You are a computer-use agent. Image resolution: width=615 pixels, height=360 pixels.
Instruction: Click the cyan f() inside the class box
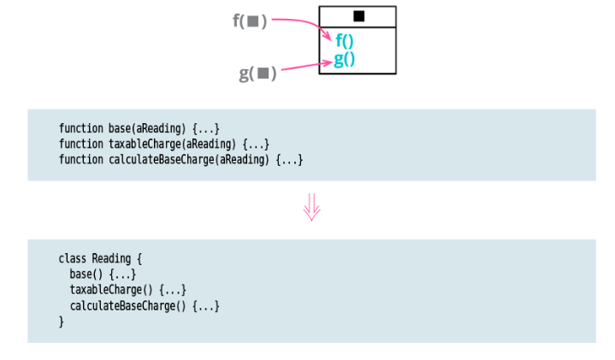coord(345,41)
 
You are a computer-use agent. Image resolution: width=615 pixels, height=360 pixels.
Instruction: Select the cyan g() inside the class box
coord(345,59)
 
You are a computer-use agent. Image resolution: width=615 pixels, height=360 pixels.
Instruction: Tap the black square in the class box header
coord(358,15)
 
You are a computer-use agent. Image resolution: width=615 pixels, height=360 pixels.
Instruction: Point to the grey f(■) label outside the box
coord(250,21)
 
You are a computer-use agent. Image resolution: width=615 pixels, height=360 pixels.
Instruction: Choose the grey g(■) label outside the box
coord(257,74)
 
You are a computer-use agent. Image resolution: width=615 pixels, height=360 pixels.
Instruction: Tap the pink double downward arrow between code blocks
coord(312,207)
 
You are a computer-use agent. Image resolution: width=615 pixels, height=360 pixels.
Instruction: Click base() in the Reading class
coord(86,274)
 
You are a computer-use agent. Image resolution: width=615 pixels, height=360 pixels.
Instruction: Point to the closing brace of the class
coord(62,322)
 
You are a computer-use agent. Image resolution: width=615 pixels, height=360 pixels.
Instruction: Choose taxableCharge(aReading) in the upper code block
coord(172,144)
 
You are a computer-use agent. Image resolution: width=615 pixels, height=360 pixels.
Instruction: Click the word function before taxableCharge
coord(81,144)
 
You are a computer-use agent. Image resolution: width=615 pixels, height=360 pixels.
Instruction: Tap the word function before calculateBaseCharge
coord(81,160)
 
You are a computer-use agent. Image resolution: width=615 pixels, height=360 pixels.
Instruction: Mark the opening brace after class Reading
coord(139,258)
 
